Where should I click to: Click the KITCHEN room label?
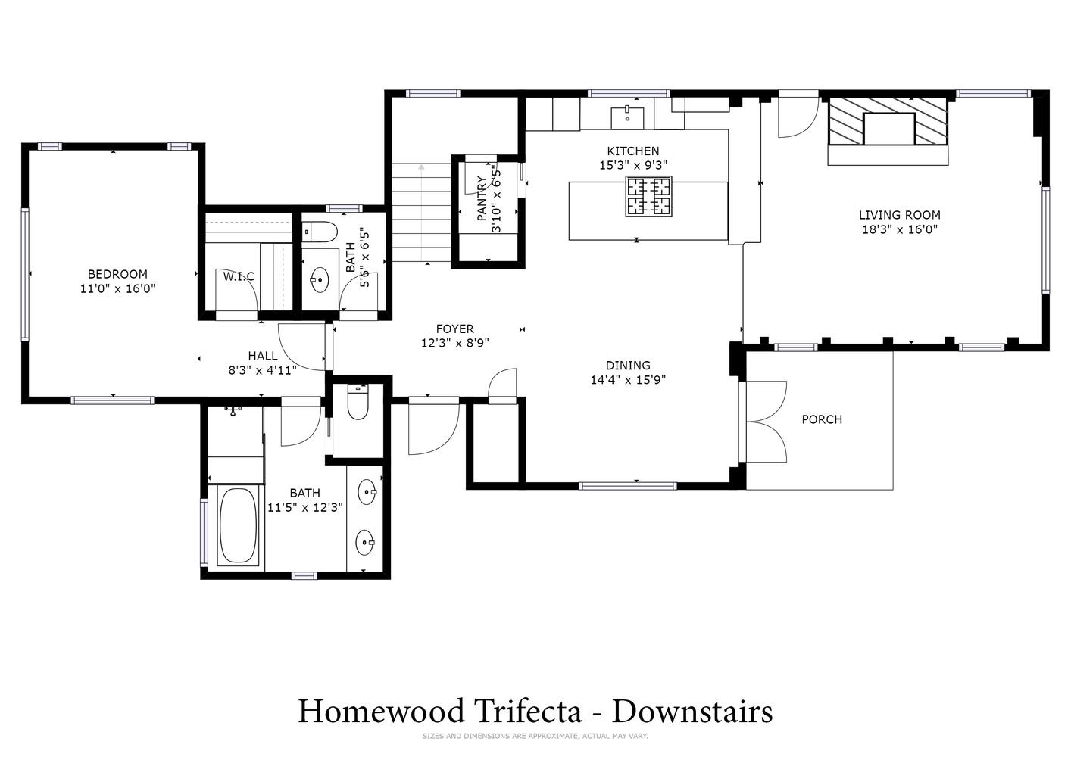coord(632,151)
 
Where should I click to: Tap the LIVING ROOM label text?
coord(899,215)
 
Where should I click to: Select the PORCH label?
coord(822,419)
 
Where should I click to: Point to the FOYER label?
coord(454,329)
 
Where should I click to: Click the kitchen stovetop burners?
coord(648,196)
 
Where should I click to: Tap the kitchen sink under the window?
coord(627,118)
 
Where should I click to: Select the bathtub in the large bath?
coord(237,525)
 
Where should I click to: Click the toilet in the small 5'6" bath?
coord(320,232)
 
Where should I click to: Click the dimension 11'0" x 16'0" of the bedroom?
coord(117,288)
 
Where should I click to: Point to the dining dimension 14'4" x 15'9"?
coord(628,380)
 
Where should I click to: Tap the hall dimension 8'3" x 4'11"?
coord(263,370)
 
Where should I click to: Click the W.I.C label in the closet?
coord(239,277)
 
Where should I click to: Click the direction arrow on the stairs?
coord(421,213)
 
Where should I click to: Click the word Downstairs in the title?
coord(692,711)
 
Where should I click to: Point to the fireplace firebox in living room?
coord(889,129)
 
